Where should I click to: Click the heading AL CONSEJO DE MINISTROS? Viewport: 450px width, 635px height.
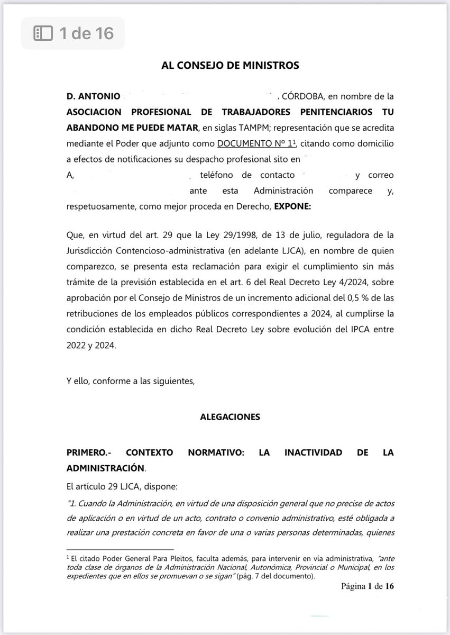click(230, 66)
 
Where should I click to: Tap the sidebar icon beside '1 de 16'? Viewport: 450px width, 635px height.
click(43, 33)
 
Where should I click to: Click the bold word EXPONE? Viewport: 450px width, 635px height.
click(291, 207)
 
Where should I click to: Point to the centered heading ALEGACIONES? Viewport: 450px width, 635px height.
click(230, 417)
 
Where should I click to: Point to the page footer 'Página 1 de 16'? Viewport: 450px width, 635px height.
click(368, 586)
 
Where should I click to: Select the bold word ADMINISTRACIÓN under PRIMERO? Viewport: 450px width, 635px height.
click(105, 468)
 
